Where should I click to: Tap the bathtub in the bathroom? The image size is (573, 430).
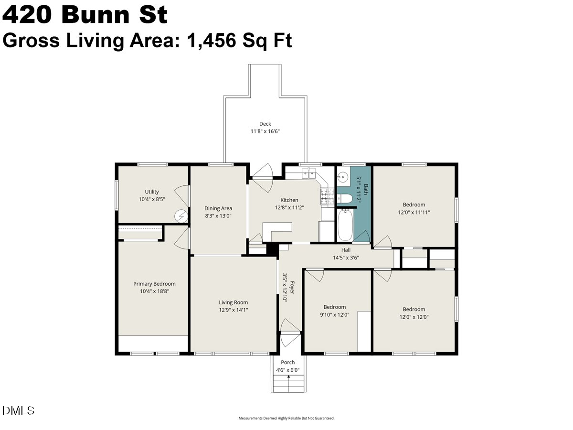345,225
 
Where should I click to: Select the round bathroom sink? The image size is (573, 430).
342,178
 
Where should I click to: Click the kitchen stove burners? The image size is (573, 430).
327,196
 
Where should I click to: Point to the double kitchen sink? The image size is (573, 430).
309,173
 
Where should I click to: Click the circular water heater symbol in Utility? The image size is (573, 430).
181,216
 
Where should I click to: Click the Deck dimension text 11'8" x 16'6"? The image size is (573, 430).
265,131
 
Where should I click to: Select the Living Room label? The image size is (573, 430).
233,302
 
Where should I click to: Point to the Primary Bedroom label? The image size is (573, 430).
154,283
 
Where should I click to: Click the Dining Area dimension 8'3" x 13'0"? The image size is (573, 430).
218,215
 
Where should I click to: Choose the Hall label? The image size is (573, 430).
346,250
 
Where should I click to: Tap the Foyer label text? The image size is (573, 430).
292,287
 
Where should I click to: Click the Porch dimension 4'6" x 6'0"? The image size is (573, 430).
287,370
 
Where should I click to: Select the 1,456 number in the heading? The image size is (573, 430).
212,41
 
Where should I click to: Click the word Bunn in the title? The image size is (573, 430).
95,15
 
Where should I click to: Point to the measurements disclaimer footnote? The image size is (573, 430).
286,418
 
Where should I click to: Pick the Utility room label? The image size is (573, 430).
152,192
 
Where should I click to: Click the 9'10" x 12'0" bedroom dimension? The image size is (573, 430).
334,314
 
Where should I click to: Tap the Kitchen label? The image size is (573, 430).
289,200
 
